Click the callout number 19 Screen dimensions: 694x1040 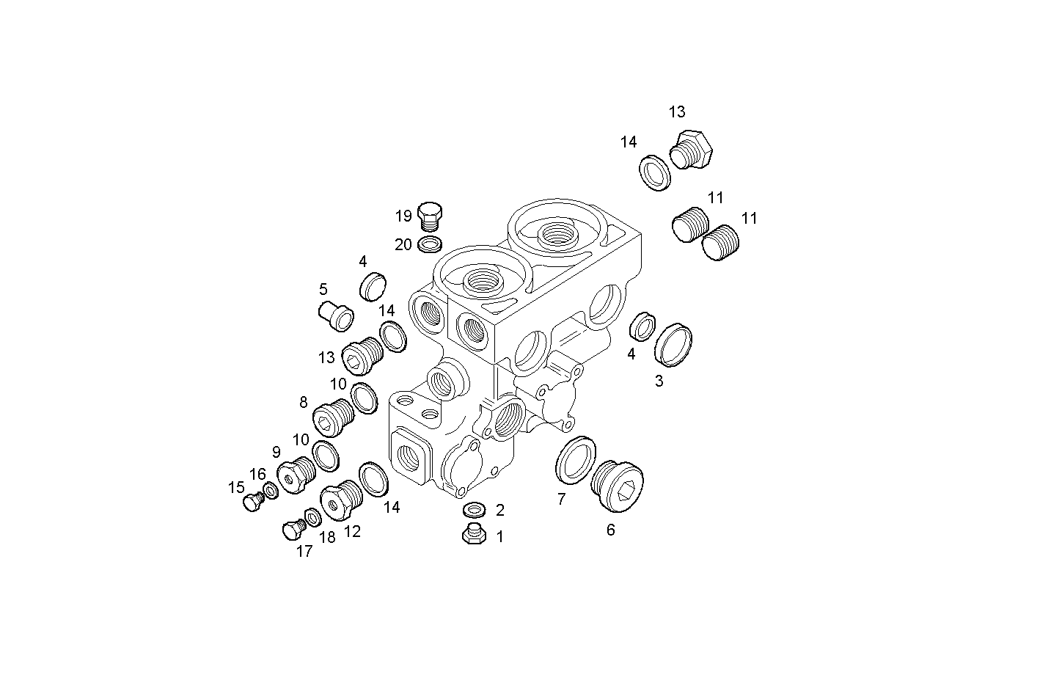pos(403,216)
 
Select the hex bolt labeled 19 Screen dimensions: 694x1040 pos(431,216)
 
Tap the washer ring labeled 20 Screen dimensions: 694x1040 pos(430,244)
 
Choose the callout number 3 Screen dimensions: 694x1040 pos(659,381)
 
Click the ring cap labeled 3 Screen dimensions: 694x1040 pos(673,344)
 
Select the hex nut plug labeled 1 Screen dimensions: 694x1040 pos(475,535)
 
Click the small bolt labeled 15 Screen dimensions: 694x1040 pos(252,502)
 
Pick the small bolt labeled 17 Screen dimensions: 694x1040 pos(293,529)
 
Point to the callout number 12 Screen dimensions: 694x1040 pos(352,532)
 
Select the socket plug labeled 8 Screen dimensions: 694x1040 pos(334,418)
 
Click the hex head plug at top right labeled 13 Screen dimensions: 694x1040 pos(691,150)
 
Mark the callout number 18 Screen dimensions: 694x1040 pos(327,538)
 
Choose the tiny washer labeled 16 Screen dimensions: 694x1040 pos(271,490)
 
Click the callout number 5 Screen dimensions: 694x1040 pos(323,289)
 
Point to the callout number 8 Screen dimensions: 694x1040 pos(303,402)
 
